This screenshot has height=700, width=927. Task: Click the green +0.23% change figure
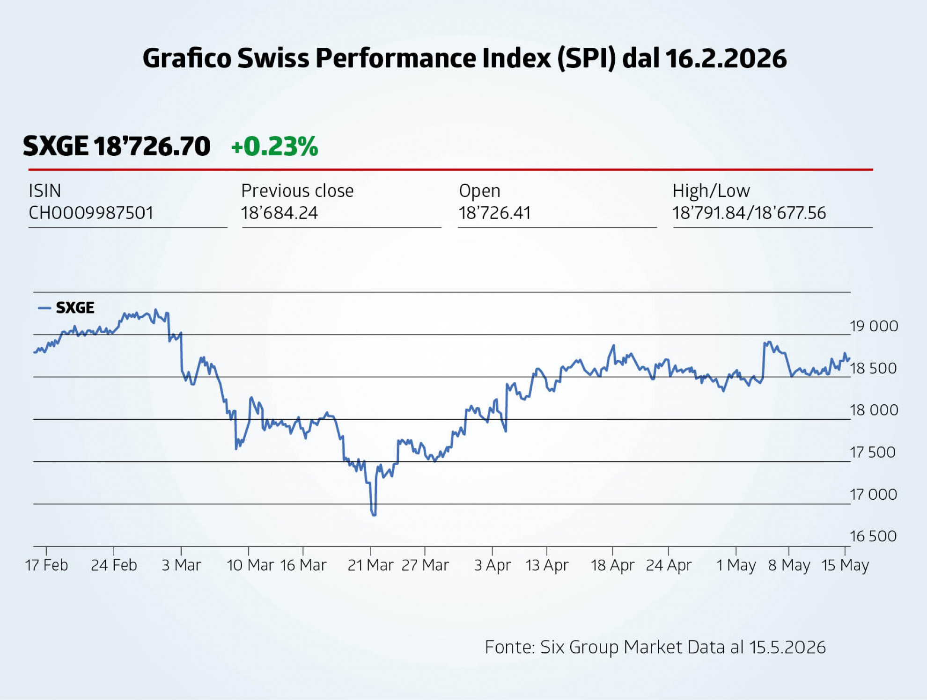click(x=275, y=146)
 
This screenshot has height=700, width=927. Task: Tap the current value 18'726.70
click(x=152, y=146)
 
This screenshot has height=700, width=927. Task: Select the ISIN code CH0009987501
click(x=91, y=213)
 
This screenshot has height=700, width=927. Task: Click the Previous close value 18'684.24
click(x=280, y=213)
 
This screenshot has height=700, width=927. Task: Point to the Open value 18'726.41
click(x=495, y=213)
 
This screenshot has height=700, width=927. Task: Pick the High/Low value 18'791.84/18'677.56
click(x=749, y=213)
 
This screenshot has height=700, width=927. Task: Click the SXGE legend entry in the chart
click(x=66, y=307)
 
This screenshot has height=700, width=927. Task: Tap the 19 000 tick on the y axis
click(x=874, y=326)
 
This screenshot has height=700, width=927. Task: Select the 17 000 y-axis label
click(x=873, y=494)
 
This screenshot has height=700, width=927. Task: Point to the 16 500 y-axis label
click(x=873, y=536)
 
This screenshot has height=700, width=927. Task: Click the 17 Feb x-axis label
click(x=46, y=565)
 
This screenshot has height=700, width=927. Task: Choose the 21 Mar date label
click(x=370, y=565)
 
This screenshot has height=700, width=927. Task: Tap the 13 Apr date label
click(x=547, y=565)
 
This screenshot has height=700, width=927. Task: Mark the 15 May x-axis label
click(x=845, y=565)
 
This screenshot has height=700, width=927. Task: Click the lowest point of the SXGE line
click(x=374, y=515)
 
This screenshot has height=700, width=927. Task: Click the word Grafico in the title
click(x=187, y=58)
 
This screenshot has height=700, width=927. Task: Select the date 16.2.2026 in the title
click(x=726, y=58)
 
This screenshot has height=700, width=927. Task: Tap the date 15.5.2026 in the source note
click(x=787, y=647)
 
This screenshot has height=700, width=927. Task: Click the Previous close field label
click(x=297, y=191)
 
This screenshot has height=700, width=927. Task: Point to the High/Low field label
click(x=711, y=191)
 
